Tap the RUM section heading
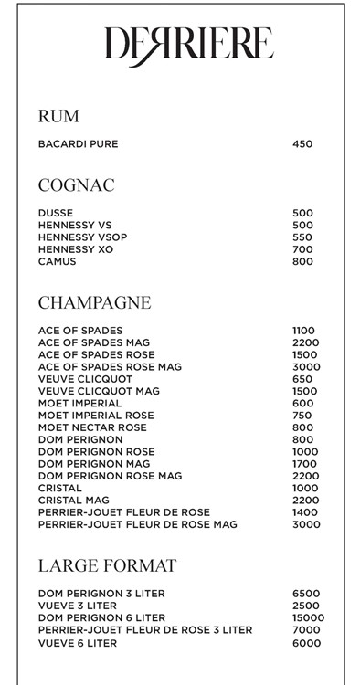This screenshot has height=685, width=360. click(58, 116)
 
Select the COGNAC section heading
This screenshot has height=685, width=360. click(76, 185)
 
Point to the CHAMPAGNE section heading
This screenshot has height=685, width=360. click(94, 302)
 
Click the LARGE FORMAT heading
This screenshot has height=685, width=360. click(107, 565)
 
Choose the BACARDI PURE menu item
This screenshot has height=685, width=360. click(78, 144)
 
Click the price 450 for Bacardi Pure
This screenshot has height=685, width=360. click(302, 144)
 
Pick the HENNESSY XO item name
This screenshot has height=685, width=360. click(76, 249)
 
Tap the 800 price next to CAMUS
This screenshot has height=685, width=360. click(302, 262)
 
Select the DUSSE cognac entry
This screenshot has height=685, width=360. click(55, 213)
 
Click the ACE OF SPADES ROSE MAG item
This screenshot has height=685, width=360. click(111, 367)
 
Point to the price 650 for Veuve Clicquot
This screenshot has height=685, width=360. click(302, 379)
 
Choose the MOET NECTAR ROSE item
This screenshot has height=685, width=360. click(92, 427)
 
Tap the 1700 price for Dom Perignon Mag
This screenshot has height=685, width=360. click(305, 464)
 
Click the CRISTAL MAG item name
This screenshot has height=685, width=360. click(73, 501)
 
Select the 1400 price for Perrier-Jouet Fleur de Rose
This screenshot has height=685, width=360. click(305, 512)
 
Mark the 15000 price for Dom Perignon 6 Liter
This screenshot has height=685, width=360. click(308, 618)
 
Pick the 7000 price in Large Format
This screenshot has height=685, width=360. click(306, 630)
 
